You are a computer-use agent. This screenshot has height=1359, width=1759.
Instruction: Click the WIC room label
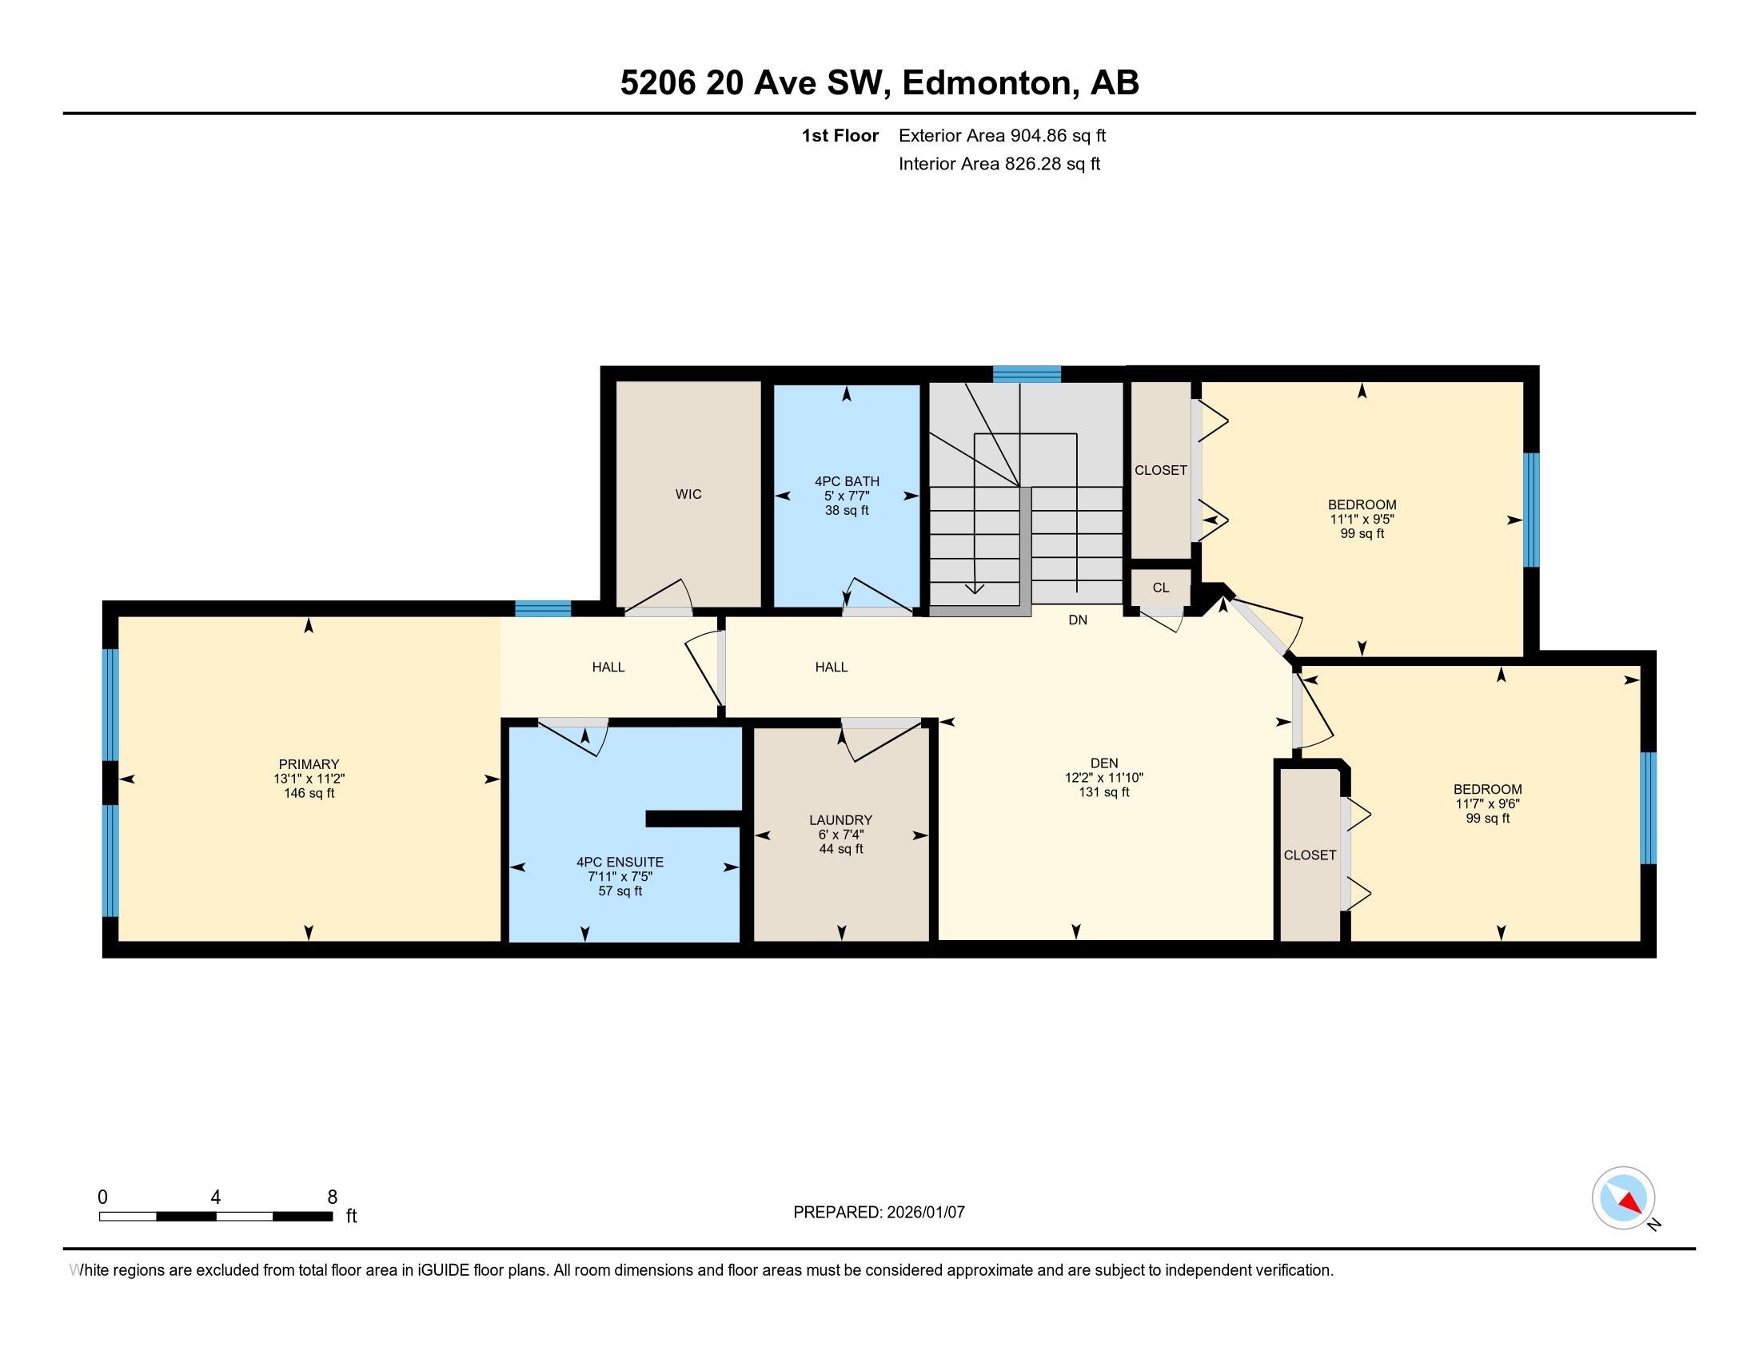pyautogui.click(x=688, y=494)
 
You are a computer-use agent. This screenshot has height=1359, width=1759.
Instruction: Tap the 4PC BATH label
pyautogui.click(x=847, y=481)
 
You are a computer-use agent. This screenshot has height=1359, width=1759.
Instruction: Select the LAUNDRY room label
pyautogui.click(x=841, y=820)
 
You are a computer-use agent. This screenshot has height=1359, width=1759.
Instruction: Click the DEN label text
pyautogui.click(x=1103, y=763)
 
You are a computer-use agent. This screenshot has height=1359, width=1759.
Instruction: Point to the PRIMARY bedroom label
pyautogui.click(x=309, y=764)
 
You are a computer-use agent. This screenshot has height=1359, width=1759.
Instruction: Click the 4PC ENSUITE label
pyautogui.click(x=620, y=863)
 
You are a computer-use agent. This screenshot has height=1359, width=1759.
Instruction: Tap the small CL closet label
pyautogui.click(x=1160, y=588)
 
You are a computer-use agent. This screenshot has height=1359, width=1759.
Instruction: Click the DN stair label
pyautogui.click(x=1078, y=620)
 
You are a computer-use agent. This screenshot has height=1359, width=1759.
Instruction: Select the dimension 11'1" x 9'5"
pyautogui.click(x=1362, y=520)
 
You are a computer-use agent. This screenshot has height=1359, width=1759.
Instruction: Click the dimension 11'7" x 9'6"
pyautogui.click(x=1488, y=803)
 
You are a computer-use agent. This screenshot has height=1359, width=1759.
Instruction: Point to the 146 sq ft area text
pyautogui.click(x=309, y=794)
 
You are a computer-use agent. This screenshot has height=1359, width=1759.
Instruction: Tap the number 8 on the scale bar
pyautogui.click(x=332, y=1198)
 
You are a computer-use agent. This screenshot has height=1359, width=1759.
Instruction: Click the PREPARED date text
pyautogui.click(x=879, y=1213)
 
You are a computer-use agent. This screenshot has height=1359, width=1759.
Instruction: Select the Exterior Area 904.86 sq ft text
pyautogui.click(x=1002, y=136)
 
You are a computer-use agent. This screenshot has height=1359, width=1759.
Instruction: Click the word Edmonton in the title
pyautogui.click(x=990, y=83)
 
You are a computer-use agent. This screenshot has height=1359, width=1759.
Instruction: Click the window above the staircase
pyautogui.click(x=1026, y=374)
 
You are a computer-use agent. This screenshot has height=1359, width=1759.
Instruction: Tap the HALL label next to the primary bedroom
pyautogui.click(x=608, y=667)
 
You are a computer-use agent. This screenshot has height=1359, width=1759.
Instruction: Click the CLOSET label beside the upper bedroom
pyautogui.click(x=1161, y=470)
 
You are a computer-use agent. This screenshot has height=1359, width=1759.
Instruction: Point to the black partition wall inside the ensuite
pyautogui.click(x=692, y=819)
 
